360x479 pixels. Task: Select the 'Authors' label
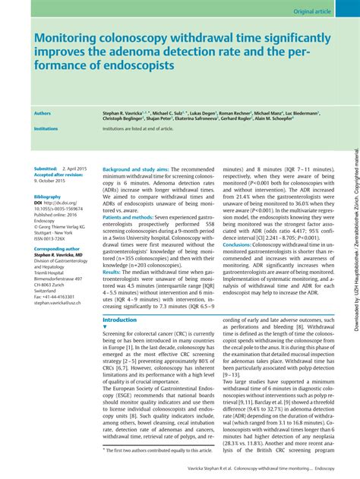pos(43,112)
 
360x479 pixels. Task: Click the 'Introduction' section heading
pos(119,320)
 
